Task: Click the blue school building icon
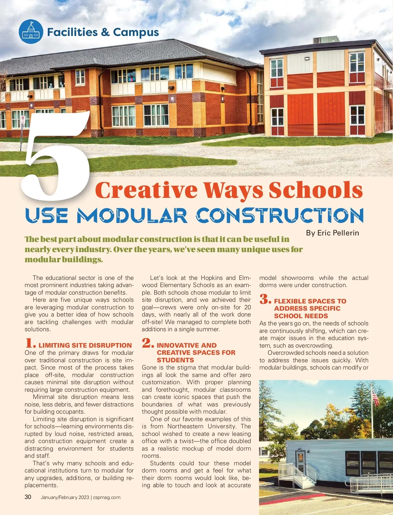[31, 32]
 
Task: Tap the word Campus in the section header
[136, 32]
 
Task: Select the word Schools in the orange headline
[316, 190]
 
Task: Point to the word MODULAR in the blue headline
[132, 216]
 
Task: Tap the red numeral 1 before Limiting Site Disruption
[30, 343]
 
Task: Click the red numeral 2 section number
[148, 343]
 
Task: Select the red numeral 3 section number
[265, 299]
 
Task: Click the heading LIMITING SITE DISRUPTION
[85, 345]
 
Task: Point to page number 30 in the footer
[28, 497]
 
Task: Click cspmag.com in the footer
[107, 497]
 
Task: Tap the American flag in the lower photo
[375, 399]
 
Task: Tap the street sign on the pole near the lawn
[23, 120]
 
